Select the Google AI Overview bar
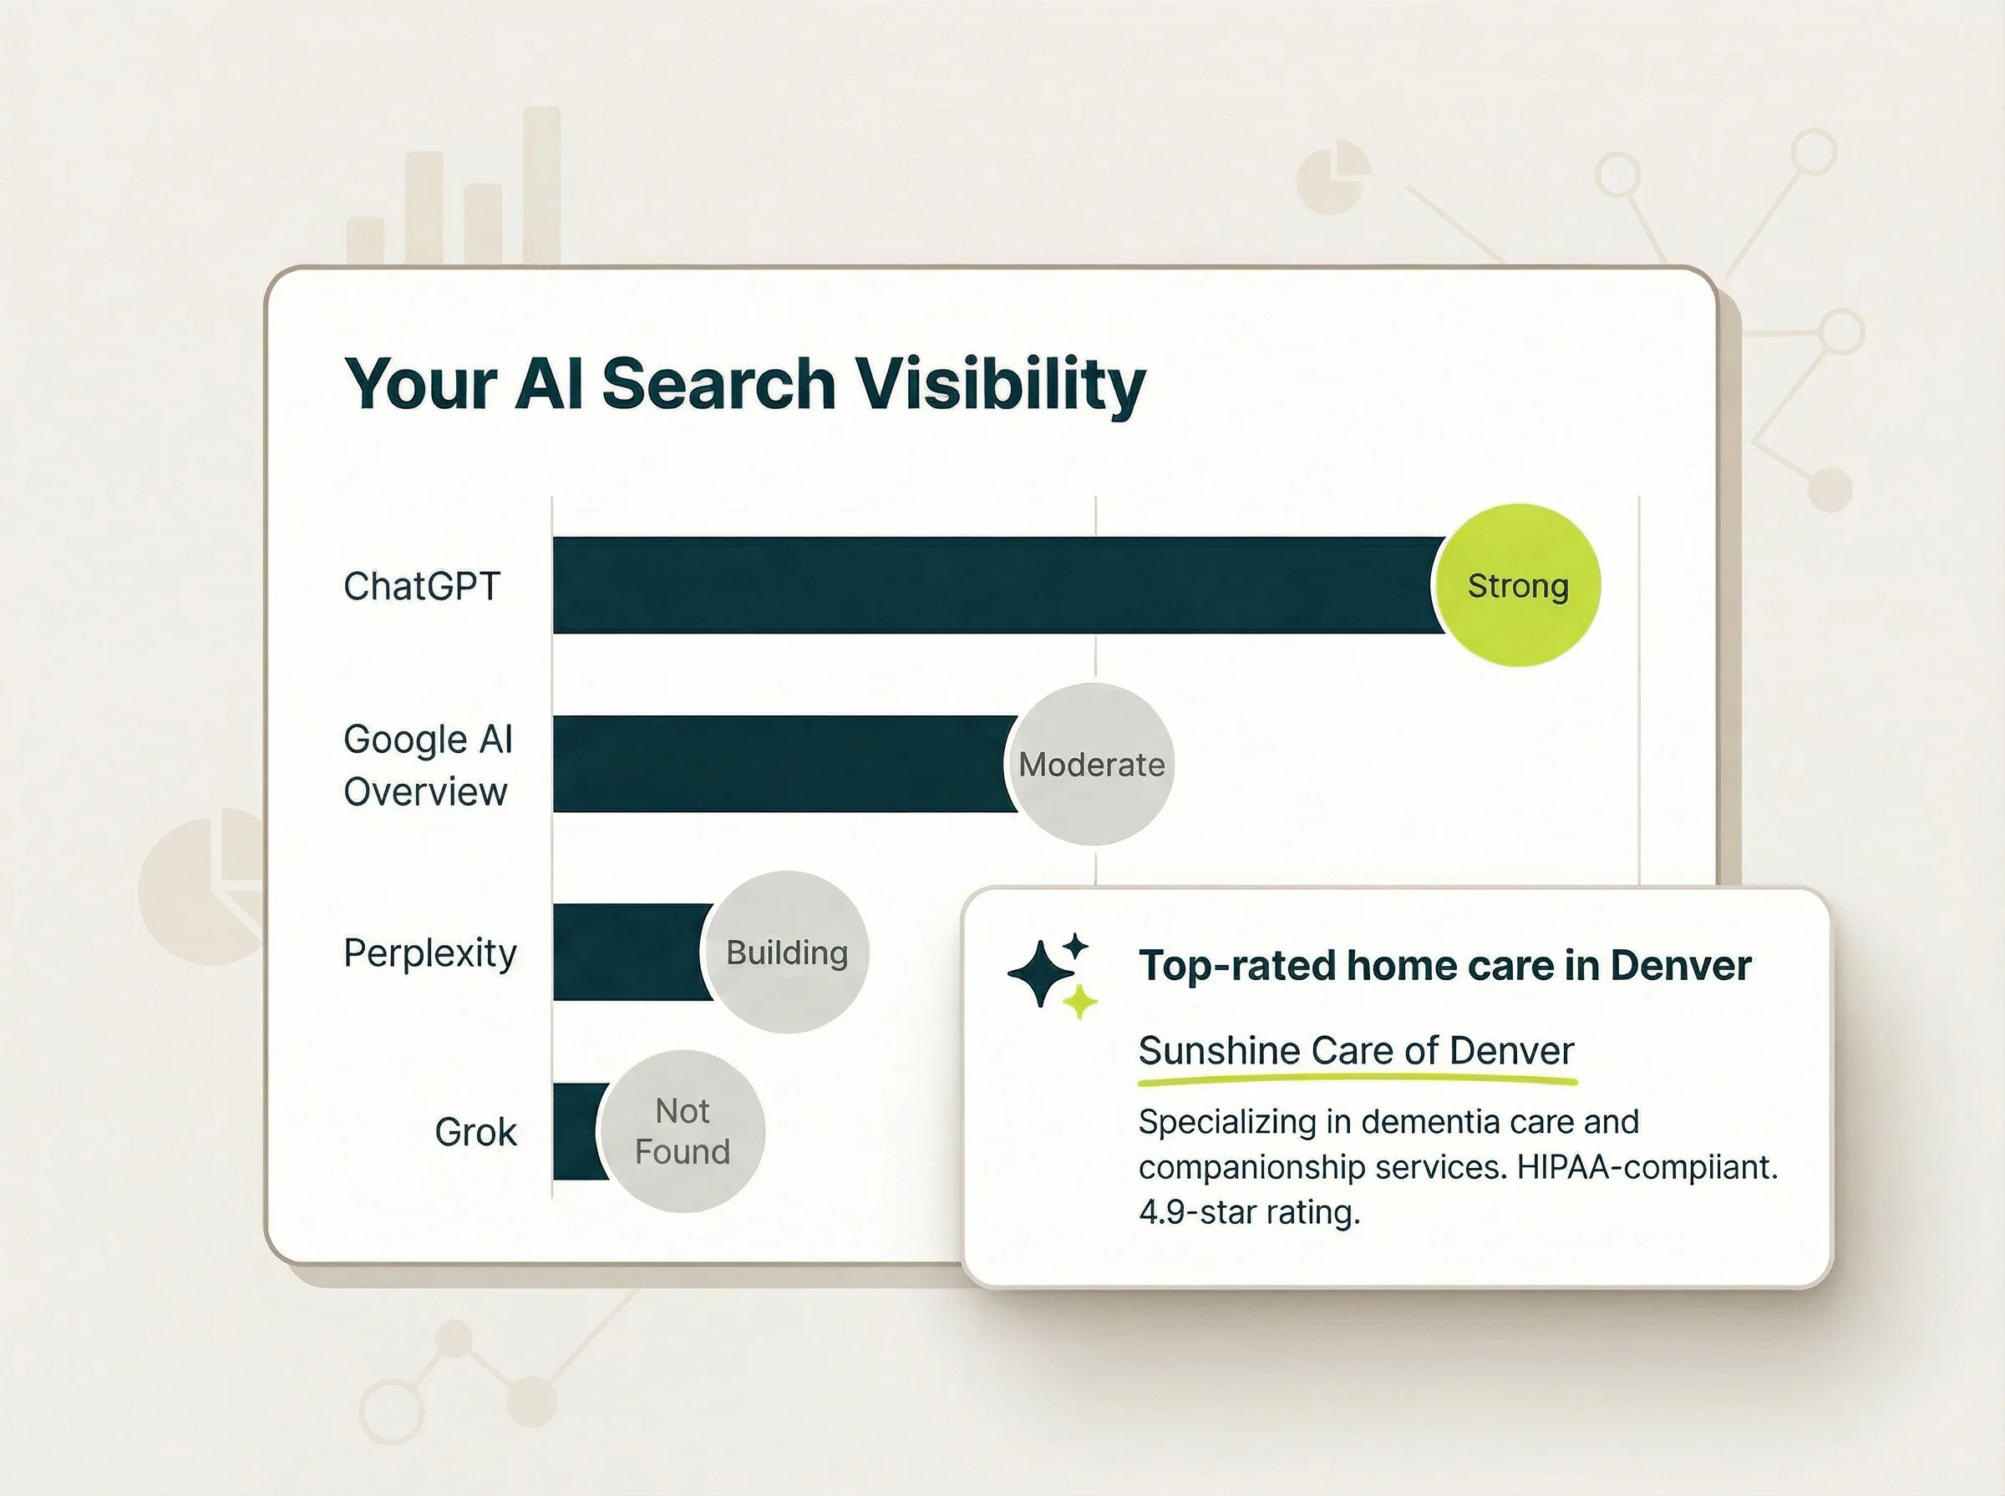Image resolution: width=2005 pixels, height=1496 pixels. (779, 763)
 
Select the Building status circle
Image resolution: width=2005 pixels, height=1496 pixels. (786, 953)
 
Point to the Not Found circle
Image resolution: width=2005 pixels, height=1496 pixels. (682, 1131)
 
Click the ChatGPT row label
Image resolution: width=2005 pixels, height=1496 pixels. (421, 587)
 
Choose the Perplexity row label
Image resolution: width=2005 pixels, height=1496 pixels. (429, 953)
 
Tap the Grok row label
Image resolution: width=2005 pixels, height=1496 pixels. (475, 1132)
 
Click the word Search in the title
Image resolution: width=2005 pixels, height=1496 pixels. (718, 384)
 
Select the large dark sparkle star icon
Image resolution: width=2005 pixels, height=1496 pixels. (1040, 973)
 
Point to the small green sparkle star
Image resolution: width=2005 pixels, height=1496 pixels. (1079, 1003)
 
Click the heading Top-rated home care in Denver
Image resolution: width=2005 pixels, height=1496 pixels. (1444, 965)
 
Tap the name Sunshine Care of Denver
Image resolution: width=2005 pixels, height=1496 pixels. (1355, 1050)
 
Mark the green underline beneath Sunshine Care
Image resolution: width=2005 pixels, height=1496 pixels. (1355, 1079)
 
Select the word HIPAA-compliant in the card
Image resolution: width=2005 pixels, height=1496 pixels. (1645, 1166)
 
